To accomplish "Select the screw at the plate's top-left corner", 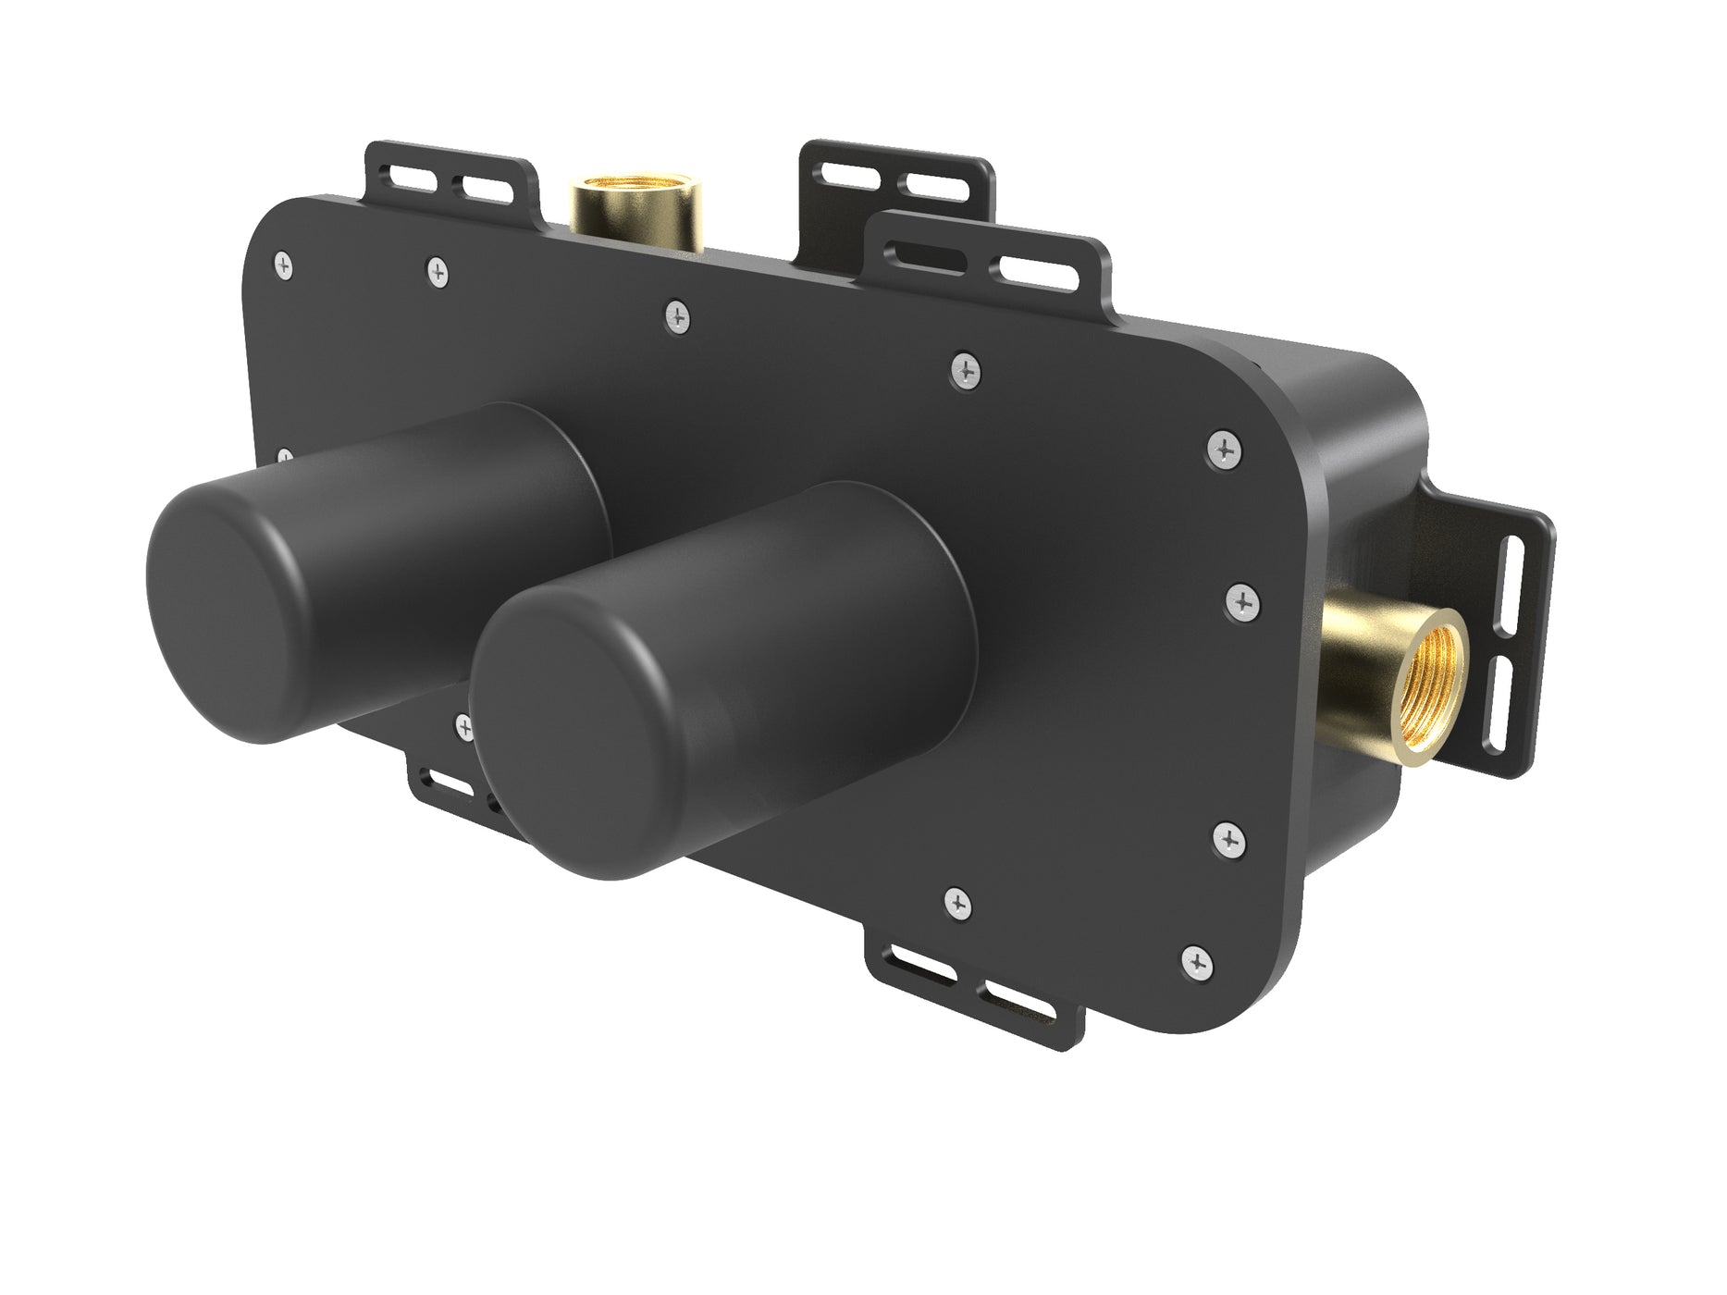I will click(x=284, y=264).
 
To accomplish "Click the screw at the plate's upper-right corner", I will click(x=1226, y=450).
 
